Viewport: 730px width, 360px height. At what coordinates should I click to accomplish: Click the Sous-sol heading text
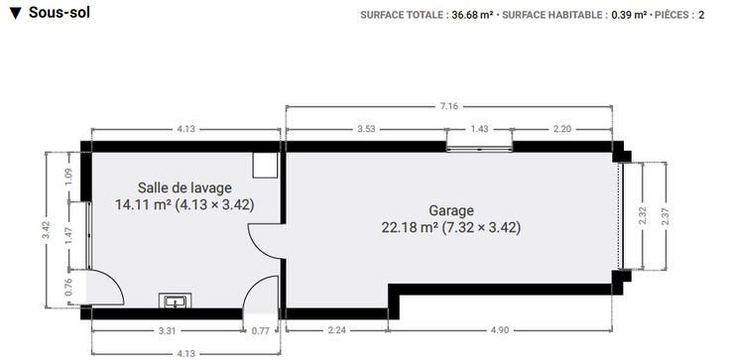(x=60, y=13)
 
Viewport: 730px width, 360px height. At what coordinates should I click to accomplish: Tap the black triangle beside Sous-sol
(x=16, y=14)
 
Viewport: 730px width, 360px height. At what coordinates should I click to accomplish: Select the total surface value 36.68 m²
(x=472, y=15)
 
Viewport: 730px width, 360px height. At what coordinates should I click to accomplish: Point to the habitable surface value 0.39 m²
(x=629, y=15)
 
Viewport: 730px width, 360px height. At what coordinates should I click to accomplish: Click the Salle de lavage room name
(x=184, y=187)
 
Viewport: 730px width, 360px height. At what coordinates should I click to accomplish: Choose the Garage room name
(x=451, y=210)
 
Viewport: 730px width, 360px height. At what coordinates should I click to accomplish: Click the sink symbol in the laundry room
(x=175, y=300)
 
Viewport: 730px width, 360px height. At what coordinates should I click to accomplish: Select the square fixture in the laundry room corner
(x=266, y=165)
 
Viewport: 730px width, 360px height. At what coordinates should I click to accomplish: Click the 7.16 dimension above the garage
(x=448, y=106)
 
